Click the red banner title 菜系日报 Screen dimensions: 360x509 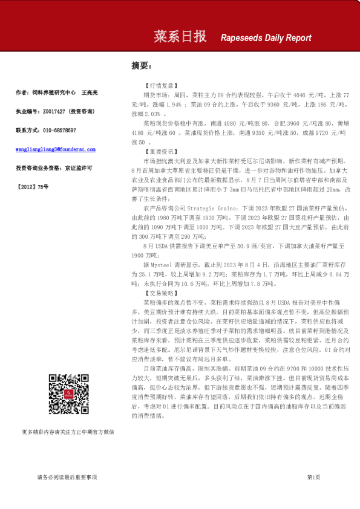(180, 37)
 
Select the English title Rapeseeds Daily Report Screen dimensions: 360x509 (266, 37)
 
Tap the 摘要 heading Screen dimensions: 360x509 (141, 65)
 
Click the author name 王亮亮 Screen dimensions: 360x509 (89, 93)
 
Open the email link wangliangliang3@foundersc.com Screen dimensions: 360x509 (55, 149)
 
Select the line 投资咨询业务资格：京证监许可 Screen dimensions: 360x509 (54, 167)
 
